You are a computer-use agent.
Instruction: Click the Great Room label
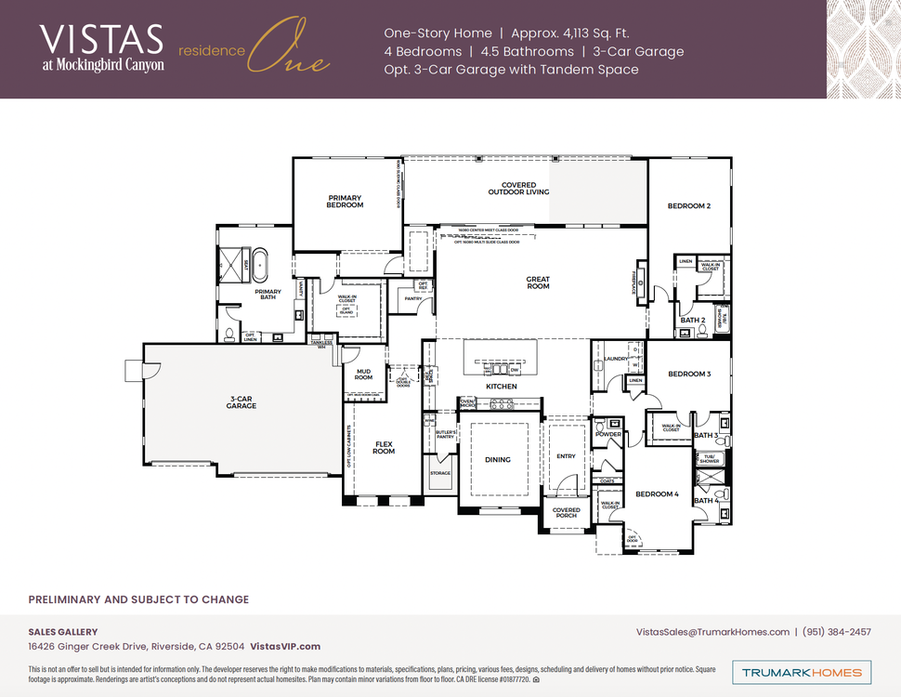point(538,283)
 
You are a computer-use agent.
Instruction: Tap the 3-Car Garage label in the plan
point(242,402)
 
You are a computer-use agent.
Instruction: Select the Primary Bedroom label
point(345,201)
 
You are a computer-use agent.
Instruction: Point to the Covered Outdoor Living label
point(518,189)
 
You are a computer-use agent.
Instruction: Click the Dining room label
point(498,460)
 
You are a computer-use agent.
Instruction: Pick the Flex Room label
point(384,448)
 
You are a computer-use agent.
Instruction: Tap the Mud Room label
point(363,375)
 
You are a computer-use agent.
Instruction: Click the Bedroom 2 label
point(688,205)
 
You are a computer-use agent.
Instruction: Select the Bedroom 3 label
point(689,374)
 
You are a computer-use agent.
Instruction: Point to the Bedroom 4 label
point(658,494)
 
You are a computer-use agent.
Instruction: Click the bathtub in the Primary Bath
point(261,265)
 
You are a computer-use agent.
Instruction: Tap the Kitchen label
point(501,387)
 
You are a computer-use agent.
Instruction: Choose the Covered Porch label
point(566,512)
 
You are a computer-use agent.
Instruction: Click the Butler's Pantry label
point(440,434)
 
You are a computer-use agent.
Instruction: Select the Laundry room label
point(615,358)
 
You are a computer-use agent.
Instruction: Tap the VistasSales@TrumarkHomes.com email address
point(712,632)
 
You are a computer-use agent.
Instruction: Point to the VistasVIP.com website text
point(285,647)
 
